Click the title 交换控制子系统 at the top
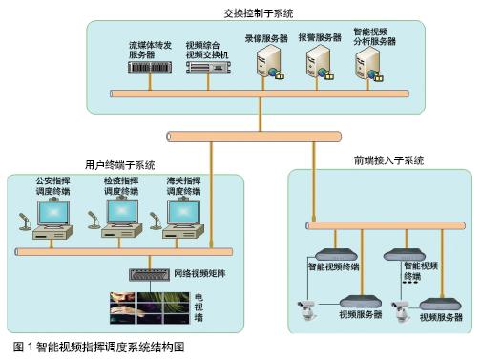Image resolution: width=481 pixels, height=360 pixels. pos(259,14)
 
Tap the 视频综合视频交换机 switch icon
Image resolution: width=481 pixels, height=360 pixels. pos(206,69)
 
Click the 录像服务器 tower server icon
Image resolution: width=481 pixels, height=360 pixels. pos(267,66)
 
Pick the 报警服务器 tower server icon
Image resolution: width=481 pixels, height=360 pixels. pos(317,66)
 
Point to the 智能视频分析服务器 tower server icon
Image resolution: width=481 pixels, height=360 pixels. pos(369,66)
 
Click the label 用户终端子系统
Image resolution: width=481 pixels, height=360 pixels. pos(120,165)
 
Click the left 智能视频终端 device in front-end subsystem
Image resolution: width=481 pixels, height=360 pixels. pos(334,254)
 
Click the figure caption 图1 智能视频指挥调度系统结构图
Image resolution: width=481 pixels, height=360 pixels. pos(98,348)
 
